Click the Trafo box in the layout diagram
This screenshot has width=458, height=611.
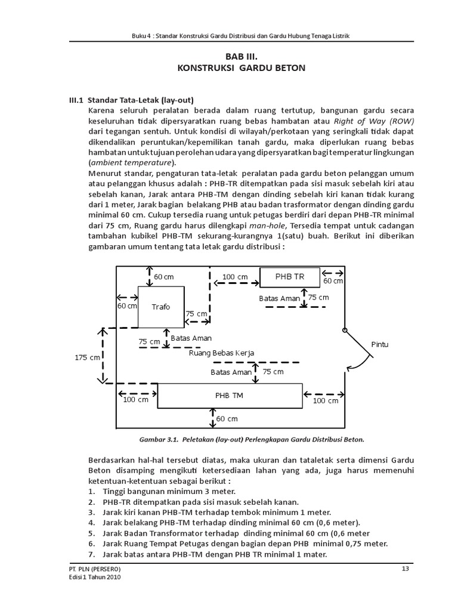(x=160, y=307)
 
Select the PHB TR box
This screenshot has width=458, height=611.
(x=289, y=277)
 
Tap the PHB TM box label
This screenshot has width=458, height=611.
(x=229, y=396)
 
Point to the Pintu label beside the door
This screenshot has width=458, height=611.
(x=380, y=345)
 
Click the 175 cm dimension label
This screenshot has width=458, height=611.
(x=87, y=357)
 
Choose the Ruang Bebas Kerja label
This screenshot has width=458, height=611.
(x=221, y=353)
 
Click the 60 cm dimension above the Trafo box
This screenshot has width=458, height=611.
(x=164, y=277)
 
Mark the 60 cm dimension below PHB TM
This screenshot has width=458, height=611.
(x=227, y=419)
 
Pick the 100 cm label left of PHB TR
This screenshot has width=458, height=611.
(x=235, y=277)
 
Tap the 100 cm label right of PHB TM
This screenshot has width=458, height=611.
(x=326, y=401)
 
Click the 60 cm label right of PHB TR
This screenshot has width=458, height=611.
(x=333, y=280)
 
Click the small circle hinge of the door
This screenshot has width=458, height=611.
(x=344, y=330)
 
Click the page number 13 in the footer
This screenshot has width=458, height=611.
(x=406, y=569)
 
